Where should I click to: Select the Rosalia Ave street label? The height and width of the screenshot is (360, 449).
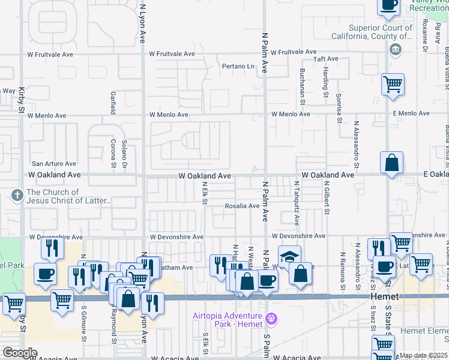coord(242,206)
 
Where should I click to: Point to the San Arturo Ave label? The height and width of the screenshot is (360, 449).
coord(54,163)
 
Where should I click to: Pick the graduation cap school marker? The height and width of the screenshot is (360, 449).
coord(289,257)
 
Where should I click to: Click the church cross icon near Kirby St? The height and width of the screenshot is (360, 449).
coord(17,196)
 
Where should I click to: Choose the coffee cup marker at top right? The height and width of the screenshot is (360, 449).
coord(388,5)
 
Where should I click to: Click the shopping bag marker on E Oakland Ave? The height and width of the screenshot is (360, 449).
coord(391,163)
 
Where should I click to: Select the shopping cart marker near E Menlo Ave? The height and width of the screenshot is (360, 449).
coord(393,84)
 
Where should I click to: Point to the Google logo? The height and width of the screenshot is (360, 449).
coord(19,353)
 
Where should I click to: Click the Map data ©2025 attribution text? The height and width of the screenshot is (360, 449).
coord(423,356)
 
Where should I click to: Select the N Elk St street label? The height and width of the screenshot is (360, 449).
coord(205,193)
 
